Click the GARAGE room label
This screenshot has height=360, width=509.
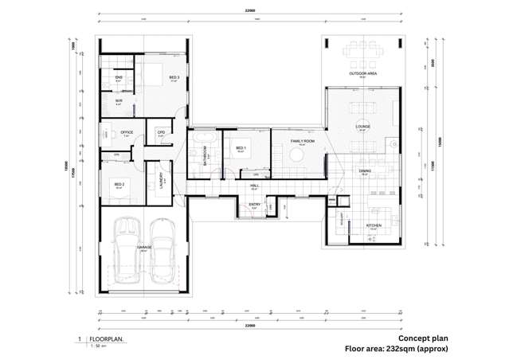[143, 248]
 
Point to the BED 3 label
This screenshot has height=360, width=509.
[174, 77]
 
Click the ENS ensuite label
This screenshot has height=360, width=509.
[118, 77]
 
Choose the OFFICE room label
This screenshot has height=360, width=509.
[126, 132]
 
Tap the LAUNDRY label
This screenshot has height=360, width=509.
[162, 179]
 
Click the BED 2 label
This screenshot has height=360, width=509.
[119, 185]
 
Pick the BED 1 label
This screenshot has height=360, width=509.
[241, 147]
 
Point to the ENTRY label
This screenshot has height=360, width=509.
[254, 205]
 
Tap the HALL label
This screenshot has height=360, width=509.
[254, 185]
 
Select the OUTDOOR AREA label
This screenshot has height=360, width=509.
[362, 73]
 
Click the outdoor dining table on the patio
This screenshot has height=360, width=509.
[362, 53]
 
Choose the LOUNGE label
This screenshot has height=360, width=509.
[362, 126]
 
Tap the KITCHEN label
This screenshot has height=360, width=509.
[374, 225]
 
